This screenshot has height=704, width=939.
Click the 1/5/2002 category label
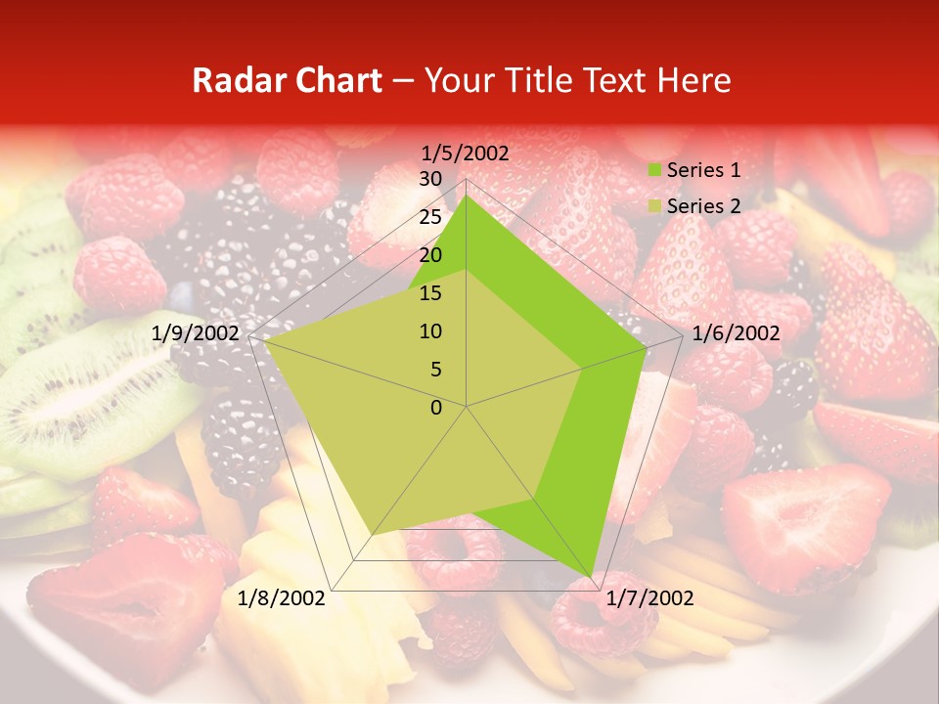466,154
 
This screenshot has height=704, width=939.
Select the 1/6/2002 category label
736,333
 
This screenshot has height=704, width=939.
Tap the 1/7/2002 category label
648,597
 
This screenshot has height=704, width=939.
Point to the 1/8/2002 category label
282,597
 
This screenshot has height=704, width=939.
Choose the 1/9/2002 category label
196,333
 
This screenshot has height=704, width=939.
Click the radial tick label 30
429,180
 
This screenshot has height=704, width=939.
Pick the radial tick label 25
429,218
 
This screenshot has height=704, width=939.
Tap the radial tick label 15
429,293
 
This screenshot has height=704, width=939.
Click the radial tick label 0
436,408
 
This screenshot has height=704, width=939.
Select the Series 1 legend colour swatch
653,170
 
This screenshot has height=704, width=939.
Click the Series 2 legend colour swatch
653,206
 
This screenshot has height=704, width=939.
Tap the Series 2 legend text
703,206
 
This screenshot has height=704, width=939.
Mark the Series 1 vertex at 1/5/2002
466,195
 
